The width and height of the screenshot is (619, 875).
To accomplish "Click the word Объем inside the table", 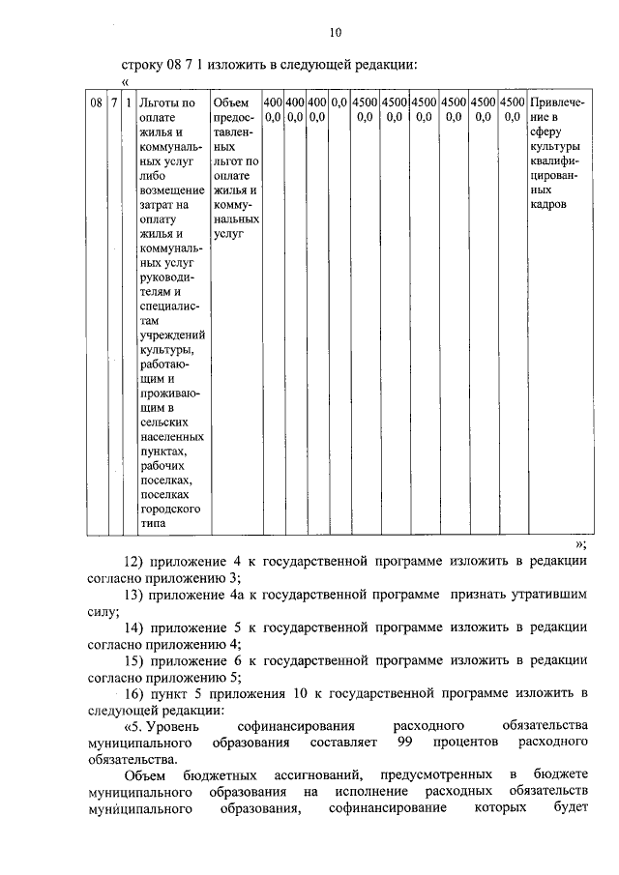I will pos(231,102).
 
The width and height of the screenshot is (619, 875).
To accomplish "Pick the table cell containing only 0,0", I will pos(339,102).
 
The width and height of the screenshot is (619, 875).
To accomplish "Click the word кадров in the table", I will pos(548,204).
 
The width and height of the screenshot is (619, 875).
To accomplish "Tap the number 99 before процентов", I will pos(406,742).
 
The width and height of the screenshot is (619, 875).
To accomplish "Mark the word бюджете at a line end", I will pos(561,774).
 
